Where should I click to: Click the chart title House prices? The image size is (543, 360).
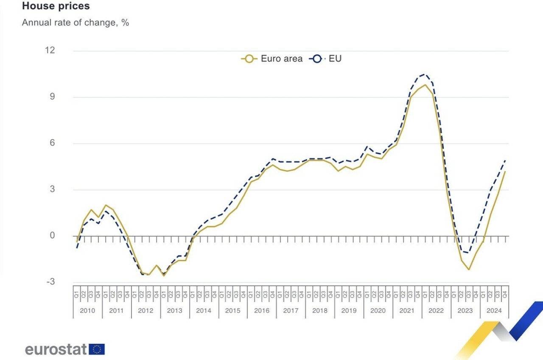pos(56,6)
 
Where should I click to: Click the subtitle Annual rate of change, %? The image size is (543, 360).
pos(76,23)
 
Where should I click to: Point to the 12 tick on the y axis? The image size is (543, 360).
pos(50,51)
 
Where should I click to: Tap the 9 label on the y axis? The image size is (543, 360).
pos(53,97)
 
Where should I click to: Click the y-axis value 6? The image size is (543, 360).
pos(53,143)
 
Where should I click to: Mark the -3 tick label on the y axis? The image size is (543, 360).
pos(50,282)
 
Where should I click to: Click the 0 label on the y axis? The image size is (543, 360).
pos(53,236)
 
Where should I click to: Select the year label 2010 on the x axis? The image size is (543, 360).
pos(87,311)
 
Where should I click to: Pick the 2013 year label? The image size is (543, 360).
pos(174,311)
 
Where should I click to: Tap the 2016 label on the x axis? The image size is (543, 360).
pos(262,311)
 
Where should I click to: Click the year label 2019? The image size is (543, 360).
pos(349,311)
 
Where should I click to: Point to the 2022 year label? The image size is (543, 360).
pos(436,311)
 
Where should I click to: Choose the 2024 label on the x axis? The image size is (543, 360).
pos(494,311)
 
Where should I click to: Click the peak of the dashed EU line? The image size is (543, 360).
pos(425,74)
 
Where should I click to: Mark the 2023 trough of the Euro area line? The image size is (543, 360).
pos(469,270)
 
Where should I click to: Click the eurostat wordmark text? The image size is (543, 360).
pos(56,349)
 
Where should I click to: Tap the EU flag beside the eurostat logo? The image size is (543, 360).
pos(97,349)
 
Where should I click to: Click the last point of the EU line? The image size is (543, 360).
pos(505,160)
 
